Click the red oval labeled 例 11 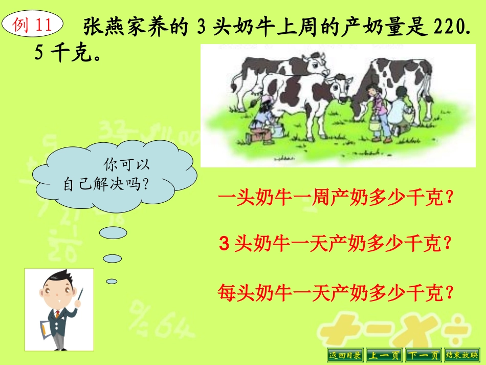click(x=33, y=24)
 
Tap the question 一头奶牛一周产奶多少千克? click(x=336, y=198)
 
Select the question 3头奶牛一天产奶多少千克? click(x=336, y=245)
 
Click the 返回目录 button click(x=345, y=354)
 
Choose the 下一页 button click(x=423, y=354)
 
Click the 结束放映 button click(x=462, y=354)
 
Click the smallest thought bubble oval click(x=112, y=281)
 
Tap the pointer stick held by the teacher click(x=81, y=296)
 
